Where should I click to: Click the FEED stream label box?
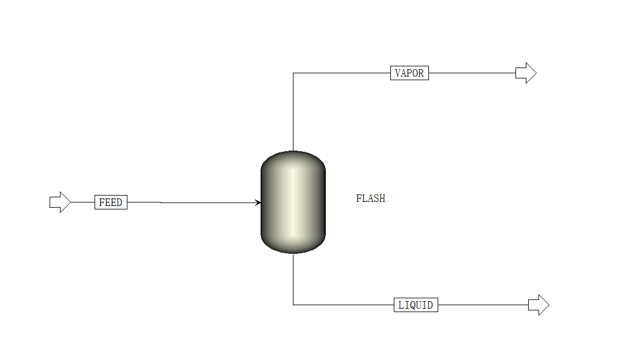tap(111, 202)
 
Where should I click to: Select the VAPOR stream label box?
tap(409, 73)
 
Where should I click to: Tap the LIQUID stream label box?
tap(416, 305)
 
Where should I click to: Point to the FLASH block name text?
tap(371, 198)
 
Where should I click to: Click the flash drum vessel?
tap(293, 202)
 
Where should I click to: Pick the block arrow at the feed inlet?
tap(60, 202)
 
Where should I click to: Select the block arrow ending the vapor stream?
tap(526, 73)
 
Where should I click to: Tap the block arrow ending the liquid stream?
tap(539, 305)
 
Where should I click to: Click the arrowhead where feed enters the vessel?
tap(258, 202)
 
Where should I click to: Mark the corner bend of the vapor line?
tap(293, 73)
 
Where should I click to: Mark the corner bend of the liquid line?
tap(293, 305)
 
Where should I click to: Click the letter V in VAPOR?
tap(398, 73)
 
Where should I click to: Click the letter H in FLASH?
tap(382, 198)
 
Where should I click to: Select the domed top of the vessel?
tap(293, 159)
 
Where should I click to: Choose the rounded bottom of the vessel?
tap(293, 245)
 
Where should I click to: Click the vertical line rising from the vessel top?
tap(293, 112)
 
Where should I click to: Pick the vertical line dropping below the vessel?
tap(293, 279)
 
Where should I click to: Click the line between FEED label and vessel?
tap(194, 202)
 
